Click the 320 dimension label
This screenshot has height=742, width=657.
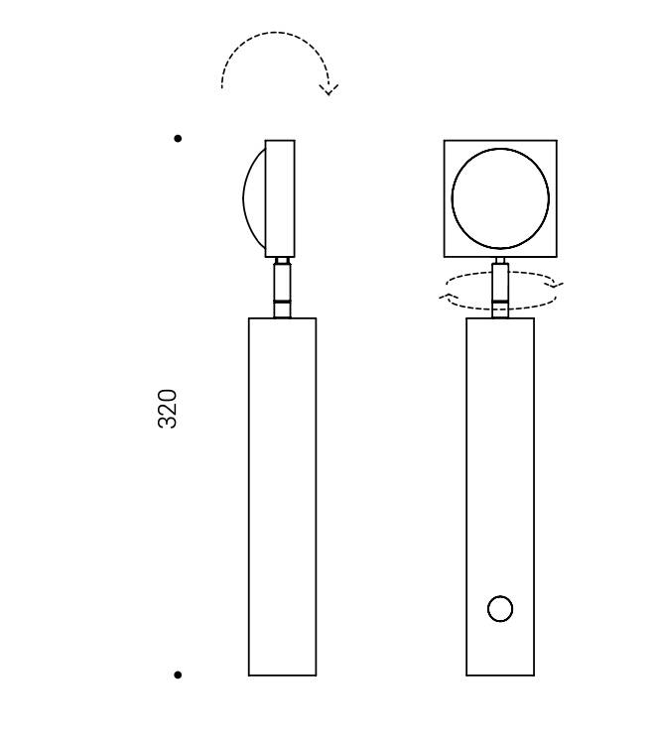point(167,409)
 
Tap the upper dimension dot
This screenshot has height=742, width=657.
point(178,138)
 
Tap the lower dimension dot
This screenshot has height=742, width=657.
point(178,675)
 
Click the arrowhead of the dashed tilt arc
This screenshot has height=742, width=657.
point(328,89)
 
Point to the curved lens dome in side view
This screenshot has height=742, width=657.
point(244,198)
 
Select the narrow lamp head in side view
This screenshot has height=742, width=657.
point(280,198)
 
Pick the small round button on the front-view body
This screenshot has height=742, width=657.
point(500,608)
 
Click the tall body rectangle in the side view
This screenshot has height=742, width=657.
point(283,497)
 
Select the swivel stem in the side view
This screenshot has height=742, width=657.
point(283,288)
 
